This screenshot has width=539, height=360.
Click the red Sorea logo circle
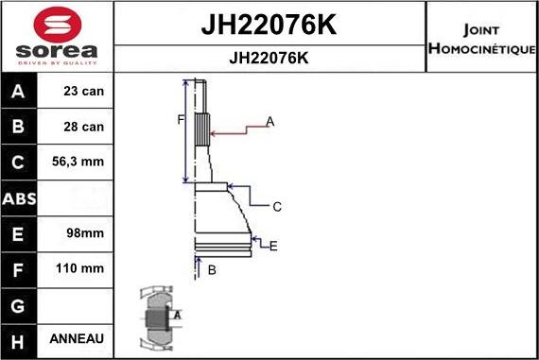[57, 26]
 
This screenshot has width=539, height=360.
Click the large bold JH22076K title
[269, 25]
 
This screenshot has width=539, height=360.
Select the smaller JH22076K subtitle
[269, 58]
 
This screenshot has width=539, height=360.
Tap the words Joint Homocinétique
[482, 38]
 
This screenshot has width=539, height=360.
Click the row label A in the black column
[20, 93]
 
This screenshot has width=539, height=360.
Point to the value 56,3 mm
[78, 162]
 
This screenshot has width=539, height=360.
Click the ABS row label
[20, 198]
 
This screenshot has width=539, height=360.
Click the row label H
[20, 338]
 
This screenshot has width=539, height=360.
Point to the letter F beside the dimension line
[179, 119]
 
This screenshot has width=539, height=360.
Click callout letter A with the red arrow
[270, 122]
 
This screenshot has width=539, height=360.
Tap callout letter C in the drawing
[277, 206]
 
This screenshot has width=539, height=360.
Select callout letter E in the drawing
[273, 247]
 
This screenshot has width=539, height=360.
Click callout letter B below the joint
[212, 270]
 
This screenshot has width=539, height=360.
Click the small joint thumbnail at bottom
[157, 317]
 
